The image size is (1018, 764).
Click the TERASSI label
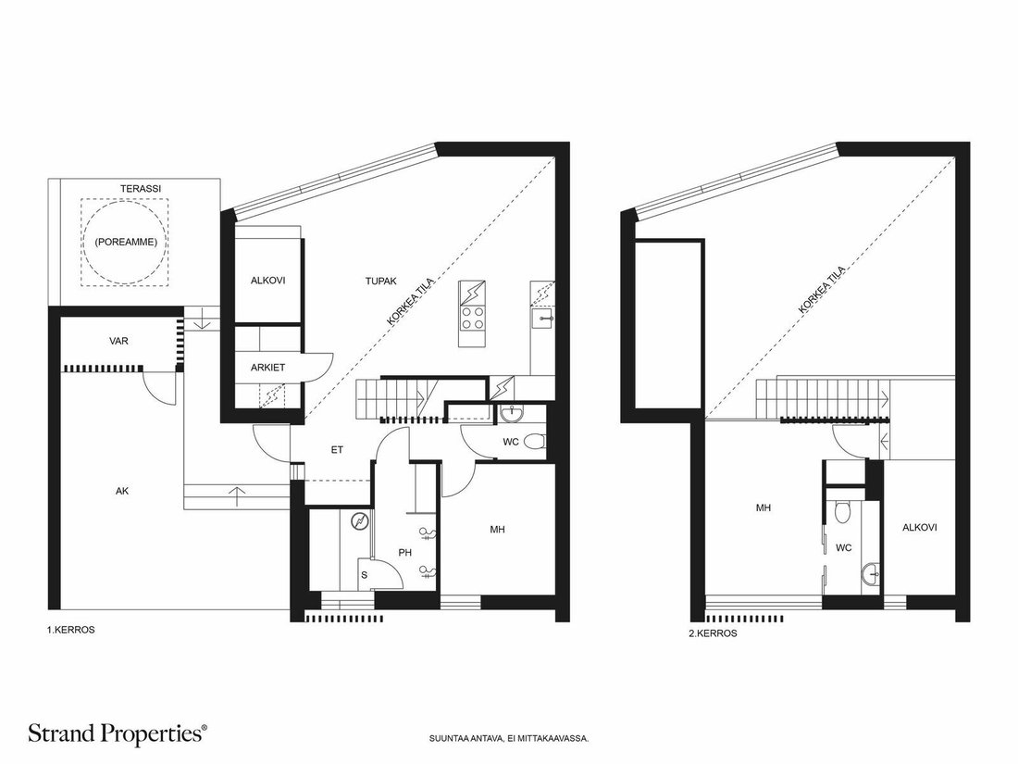pos(141,188)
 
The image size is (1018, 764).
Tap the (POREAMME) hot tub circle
pos(125,204)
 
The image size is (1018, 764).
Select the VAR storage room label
pos(118,341)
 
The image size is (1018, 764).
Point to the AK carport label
pos(122,491)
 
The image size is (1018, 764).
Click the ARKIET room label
pos(267,368)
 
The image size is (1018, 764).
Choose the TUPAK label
pos(380,282)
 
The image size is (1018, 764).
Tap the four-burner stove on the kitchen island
pos(472,319)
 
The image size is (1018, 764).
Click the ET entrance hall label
pos(337,449)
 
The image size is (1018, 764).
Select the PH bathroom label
pos(405,553)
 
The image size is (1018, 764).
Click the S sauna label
pos(365,575)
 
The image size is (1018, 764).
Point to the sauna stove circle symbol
pos(358,521)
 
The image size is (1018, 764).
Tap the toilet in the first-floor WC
pos(535,442)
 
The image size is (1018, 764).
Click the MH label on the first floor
pos(497,530)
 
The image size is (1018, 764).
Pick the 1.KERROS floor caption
pos(70,630)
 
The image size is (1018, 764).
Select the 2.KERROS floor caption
pos(713,632)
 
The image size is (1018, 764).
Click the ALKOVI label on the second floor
pos(919,528)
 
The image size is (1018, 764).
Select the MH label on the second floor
pos(763,508)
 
